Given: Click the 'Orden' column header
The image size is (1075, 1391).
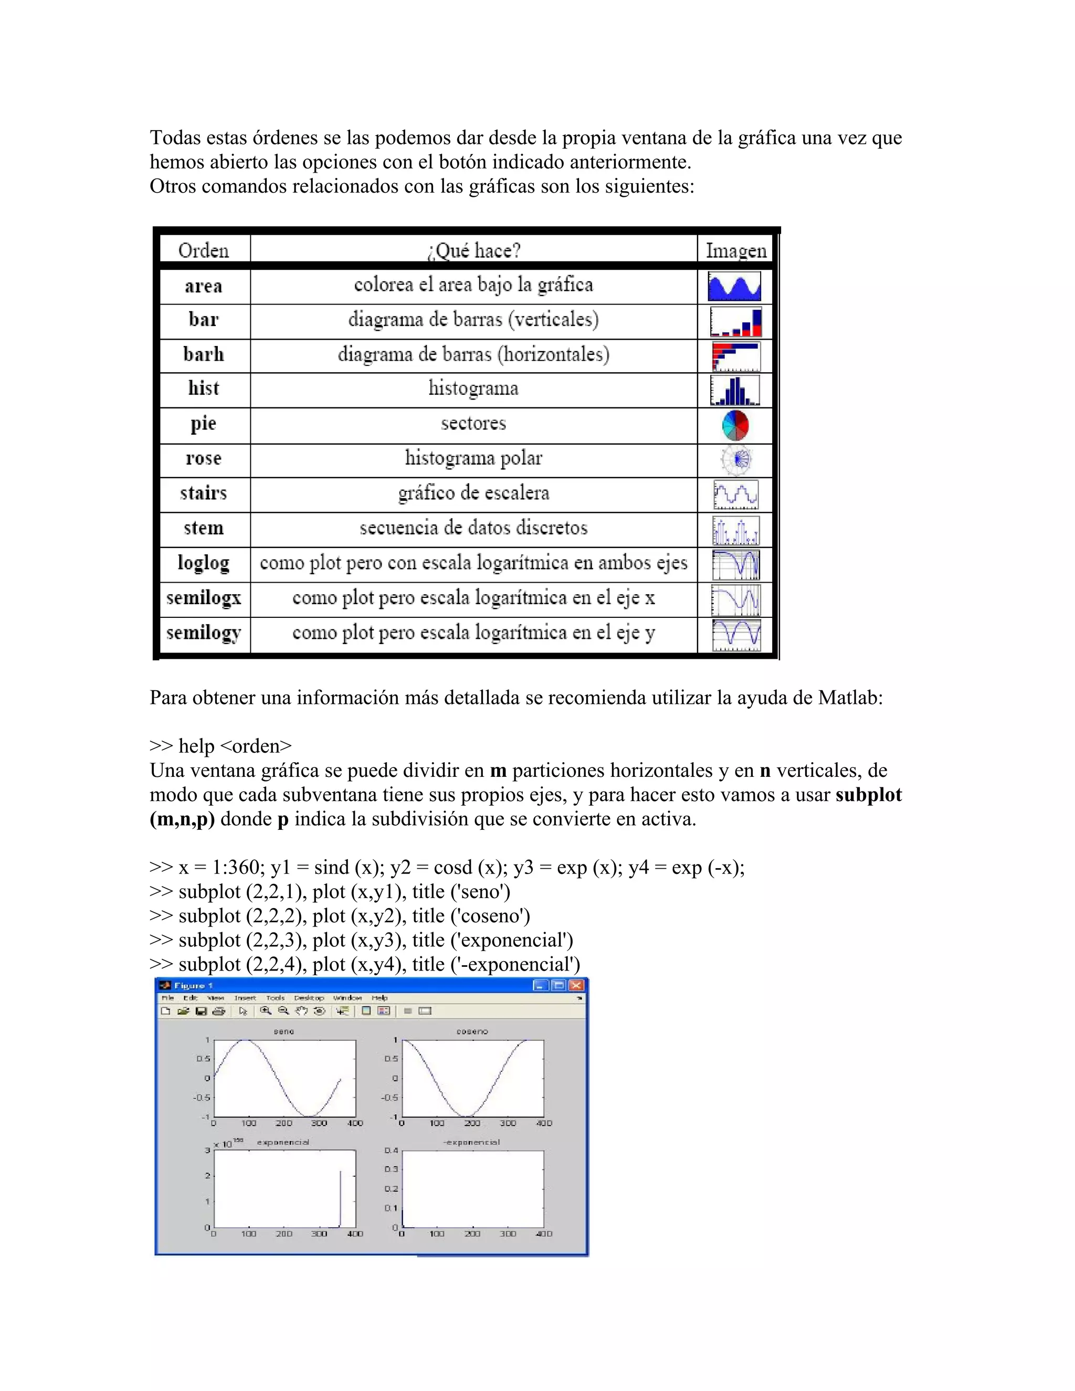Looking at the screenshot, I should coord(203,250).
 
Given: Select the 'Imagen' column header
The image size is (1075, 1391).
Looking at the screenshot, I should coord(735,250).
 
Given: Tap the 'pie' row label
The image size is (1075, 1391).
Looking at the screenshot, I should coord(203,424).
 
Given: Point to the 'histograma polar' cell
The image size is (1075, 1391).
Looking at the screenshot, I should coord(473,458).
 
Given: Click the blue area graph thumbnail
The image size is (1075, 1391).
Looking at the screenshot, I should coord(734,287).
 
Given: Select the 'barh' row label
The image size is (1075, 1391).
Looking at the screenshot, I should coord(203,354).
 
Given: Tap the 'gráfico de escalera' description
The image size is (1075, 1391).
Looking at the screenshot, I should coord(473,493).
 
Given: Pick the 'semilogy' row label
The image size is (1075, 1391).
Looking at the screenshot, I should coord(203,633).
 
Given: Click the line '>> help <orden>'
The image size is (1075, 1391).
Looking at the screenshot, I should coord(220,746).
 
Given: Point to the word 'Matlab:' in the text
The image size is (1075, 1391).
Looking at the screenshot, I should coord(850,698).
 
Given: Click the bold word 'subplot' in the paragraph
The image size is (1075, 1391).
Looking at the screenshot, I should coord(868,795).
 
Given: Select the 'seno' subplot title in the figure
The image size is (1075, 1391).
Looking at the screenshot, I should coord(283,1031).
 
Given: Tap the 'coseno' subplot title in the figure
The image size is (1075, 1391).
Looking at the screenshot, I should coord(472,1031).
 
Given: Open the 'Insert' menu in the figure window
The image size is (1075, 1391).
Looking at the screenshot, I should coord(245,998).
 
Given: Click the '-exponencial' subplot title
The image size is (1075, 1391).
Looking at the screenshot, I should coord(471,1142).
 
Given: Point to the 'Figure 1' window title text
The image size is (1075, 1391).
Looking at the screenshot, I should coord(193,985).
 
